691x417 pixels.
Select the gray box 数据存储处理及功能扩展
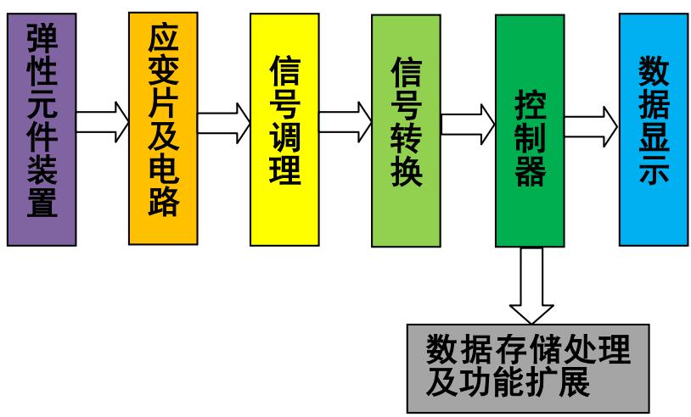coord(528,367)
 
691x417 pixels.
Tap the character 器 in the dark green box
coord(530,175)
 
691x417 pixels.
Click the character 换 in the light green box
coord(406,174)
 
